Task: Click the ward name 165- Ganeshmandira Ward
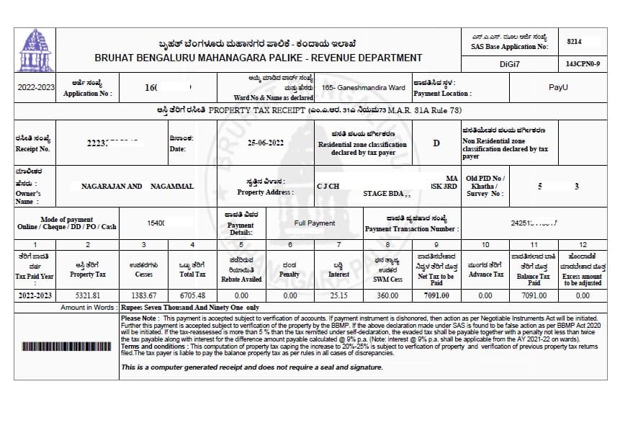coord(364,88)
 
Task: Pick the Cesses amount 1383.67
coord(143,295)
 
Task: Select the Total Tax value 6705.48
coord(192,295)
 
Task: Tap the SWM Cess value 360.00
coord(387,295)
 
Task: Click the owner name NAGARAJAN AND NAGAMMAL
coord(137,186)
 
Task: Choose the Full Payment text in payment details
coord(315,223)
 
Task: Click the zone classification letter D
coord(436,143)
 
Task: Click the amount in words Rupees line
coord(189,308)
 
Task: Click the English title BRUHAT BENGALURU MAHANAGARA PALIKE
coord(258,58)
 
